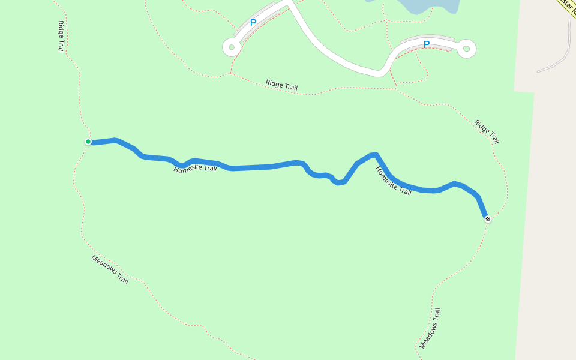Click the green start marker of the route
tap(88, 142)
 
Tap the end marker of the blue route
tap(488, 219)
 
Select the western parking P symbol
tap(253, 23)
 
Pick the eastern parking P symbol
tap(427, 44)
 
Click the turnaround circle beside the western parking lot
tap(232, 47)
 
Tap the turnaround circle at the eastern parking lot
tap(467, 49)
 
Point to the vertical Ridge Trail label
tap(61, 37)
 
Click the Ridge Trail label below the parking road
tap(281, 85)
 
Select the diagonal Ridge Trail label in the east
tap(487, 131)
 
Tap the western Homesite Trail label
tap(195, 169)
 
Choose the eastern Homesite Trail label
tap(394, 181)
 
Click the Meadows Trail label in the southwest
tap(110, 269)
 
